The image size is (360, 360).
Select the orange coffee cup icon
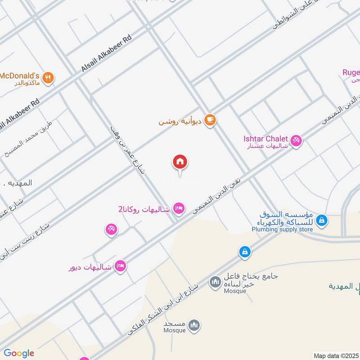[x=210, y=120]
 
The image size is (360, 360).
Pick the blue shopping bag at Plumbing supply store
[x=322, y=220]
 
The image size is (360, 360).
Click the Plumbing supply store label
[x=282, y=229]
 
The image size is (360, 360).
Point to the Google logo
[x=18, y=353]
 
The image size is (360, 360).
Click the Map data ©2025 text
[x=336, y=355]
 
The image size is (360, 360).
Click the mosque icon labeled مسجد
[x=194, y=325]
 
